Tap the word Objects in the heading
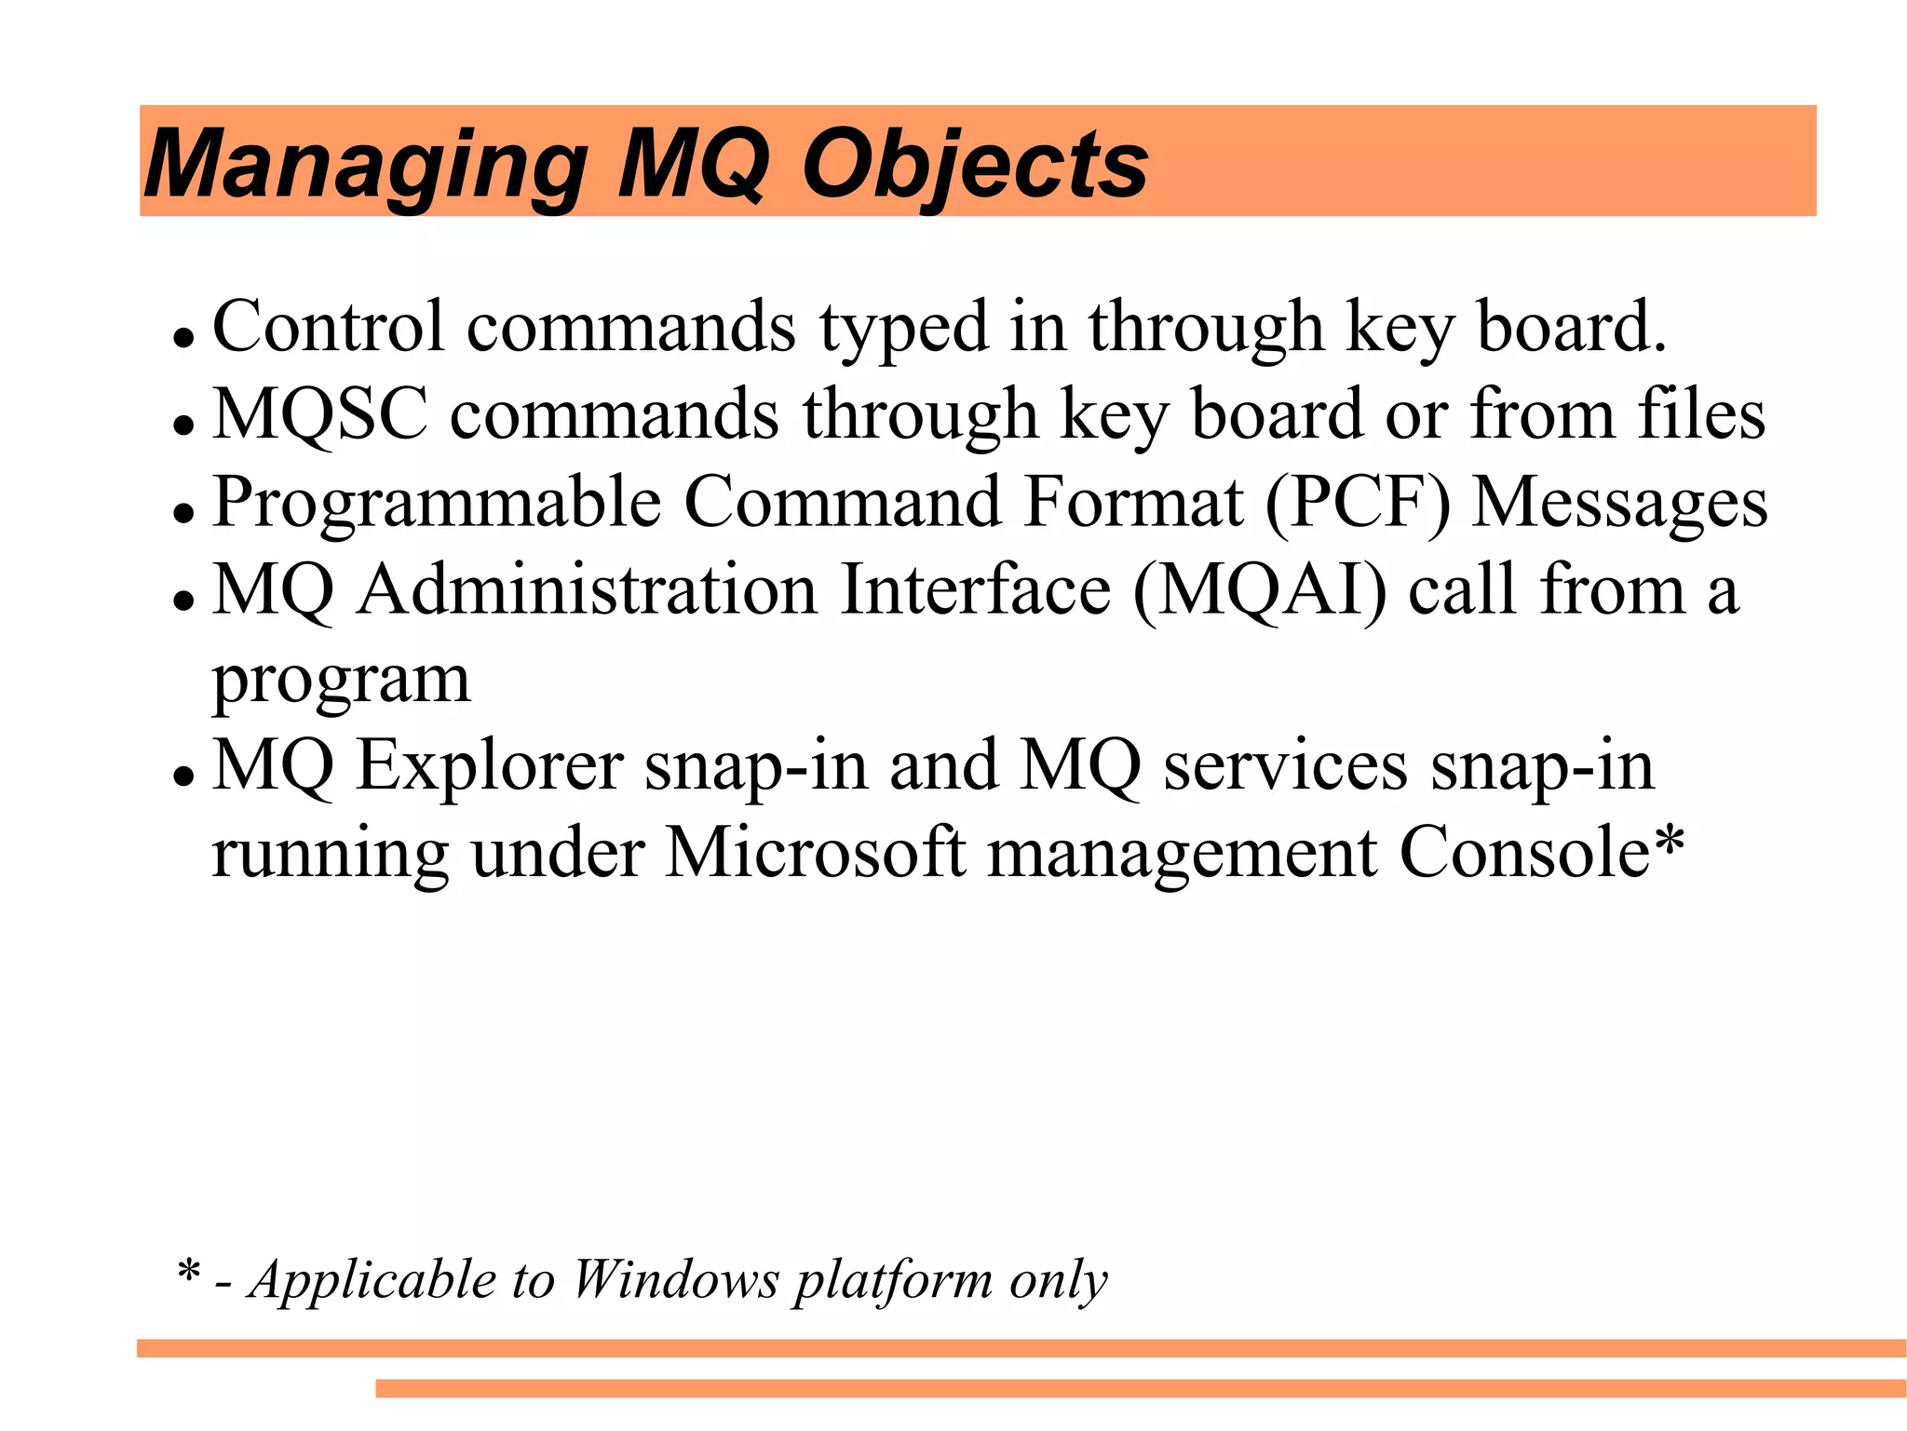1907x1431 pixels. (975, 165)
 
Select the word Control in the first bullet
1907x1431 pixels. (329, 327)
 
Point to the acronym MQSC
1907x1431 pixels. (320, 414)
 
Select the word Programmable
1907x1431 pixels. (437, 504)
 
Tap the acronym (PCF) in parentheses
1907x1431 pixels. (1358, 504)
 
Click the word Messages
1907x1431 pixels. (1619, 504)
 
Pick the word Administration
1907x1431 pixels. (588, 590)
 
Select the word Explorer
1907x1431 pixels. (491, 766)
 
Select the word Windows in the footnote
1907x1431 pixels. (675, 1279)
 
